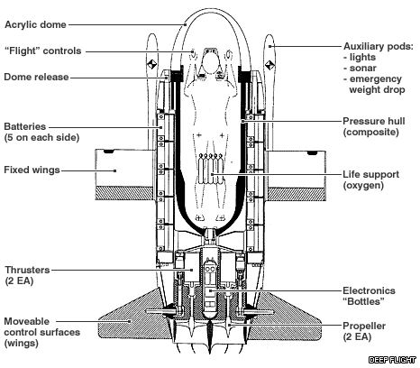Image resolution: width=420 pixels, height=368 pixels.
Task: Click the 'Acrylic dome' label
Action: [x=35, y=24]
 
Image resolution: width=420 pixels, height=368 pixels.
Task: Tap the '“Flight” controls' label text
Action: [x=43, y=51]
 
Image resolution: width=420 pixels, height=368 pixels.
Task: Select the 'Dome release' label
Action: [x=36, y=77]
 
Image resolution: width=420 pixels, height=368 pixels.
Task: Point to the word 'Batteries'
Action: [x=25, y=126]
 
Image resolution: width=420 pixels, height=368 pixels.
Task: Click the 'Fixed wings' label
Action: [x=32, y=170]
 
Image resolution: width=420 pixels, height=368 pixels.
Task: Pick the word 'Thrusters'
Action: [x=27, y=270]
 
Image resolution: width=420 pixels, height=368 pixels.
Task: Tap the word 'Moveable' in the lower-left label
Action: [x=27, y=321]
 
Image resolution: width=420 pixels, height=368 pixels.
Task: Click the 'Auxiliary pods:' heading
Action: [x=379, y=47]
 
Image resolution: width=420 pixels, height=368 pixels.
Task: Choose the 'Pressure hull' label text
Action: [x=374, y=121]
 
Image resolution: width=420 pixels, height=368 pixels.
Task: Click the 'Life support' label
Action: [x=371, y=175]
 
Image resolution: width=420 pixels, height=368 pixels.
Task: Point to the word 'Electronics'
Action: [x=370, y=290]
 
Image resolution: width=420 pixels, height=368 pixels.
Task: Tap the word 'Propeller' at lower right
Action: [x=364, y=327]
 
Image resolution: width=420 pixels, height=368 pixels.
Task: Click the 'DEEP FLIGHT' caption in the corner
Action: [x=392, y=360]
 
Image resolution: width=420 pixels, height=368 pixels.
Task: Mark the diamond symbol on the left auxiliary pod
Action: [x=151, y=64]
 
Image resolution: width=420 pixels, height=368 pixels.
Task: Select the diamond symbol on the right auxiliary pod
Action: [x=269, y=64]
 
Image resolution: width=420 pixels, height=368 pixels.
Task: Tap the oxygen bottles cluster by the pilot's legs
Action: [x=210, y=169]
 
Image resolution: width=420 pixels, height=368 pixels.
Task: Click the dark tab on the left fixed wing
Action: [x=109, y=152]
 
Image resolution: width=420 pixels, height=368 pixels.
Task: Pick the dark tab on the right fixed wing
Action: [x=313, y=152]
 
